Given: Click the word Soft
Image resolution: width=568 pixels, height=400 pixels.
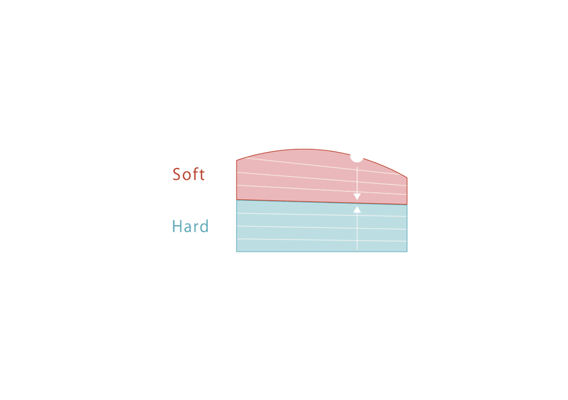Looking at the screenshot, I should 189,174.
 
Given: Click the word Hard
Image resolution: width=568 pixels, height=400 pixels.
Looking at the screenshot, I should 190,226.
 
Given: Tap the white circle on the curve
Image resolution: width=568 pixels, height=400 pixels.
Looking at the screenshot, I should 357,155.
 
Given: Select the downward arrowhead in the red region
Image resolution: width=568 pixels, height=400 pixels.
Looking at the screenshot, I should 357,196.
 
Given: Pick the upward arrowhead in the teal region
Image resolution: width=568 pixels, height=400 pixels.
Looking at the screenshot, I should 357,209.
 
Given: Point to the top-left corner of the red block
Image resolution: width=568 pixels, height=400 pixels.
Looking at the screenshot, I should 236,160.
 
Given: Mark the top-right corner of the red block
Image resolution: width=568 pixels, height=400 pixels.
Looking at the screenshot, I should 407,178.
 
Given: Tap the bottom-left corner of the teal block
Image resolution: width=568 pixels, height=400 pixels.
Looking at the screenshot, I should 236,251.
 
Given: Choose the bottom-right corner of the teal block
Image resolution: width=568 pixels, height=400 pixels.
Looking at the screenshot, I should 407,251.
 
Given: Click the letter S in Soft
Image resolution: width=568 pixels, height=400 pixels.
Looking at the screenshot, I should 177,174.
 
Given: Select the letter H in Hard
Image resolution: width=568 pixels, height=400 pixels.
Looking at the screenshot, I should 177,226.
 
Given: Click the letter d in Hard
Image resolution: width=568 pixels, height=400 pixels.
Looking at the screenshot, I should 204,226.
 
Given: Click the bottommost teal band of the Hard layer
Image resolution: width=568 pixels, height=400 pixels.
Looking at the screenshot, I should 295,246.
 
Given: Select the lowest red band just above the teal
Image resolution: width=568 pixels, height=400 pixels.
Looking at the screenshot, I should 295,195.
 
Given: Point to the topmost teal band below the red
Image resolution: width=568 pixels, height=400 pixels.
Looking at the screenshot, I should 295,208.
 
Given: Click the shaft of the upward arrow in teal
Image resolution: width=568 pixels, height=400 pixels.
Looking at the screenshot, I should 357,233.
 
